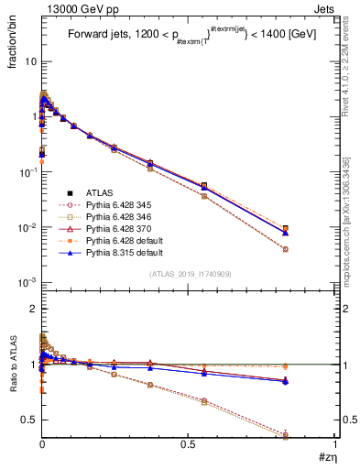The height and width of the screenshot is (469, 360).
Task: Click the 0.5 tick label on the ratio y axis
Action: [x=27, y=420]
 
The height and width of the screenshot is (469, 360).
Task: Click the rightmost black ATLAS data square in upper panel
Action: [x=311, y=229]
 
